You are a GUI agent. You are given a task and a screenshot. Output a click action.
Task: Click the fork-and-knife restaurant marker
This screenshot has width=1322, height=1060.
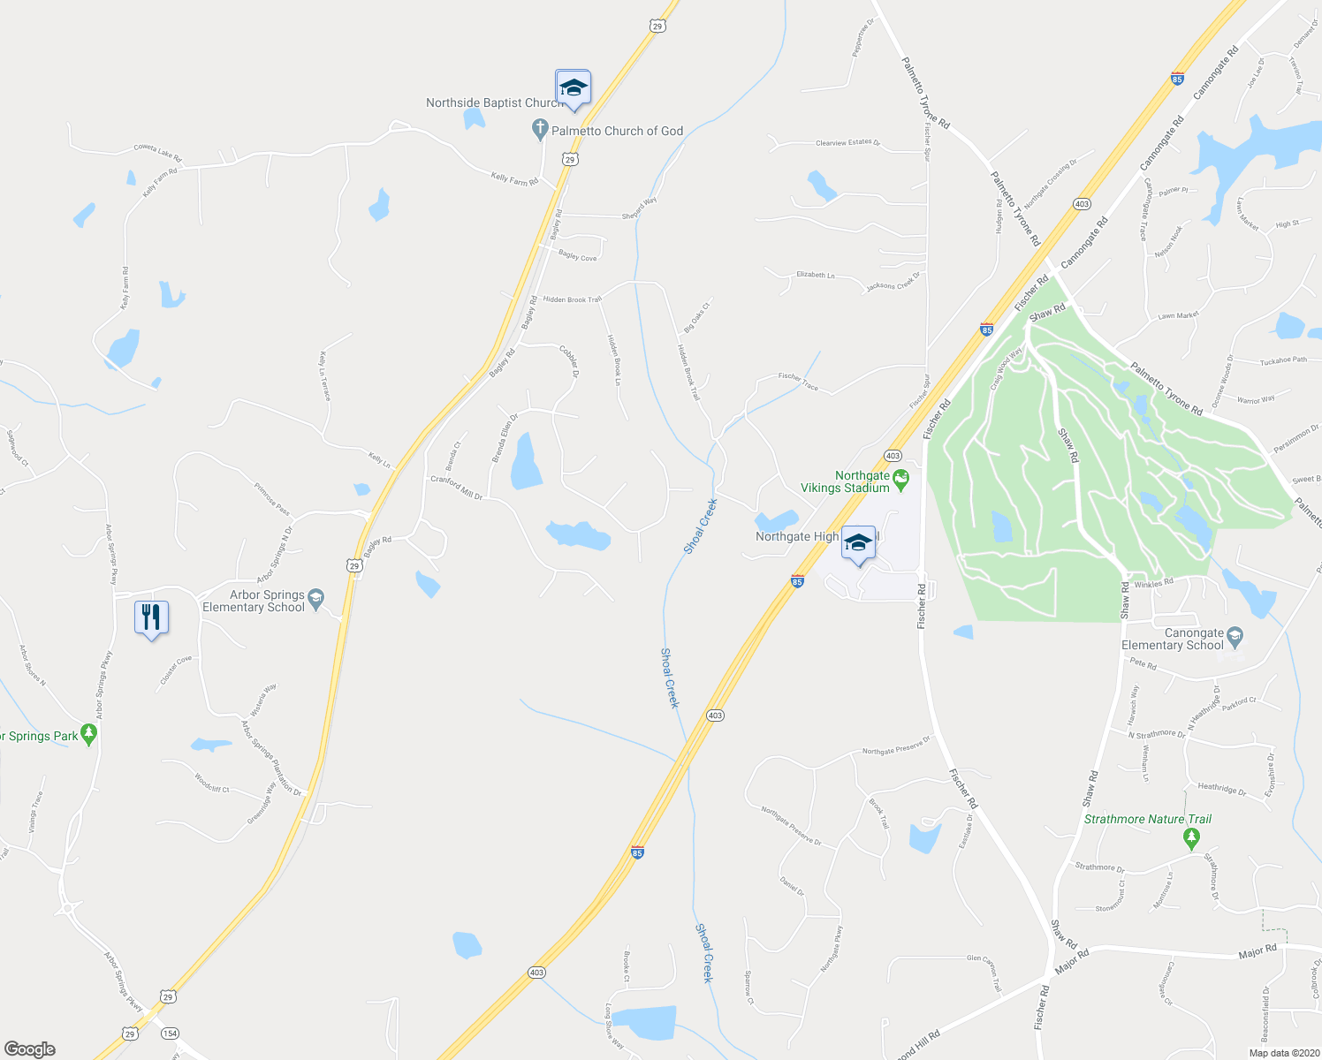point(151,617)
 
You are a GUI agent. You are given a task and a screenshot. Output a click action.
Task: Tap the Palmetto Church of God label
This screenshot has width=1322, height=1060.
point(617,131)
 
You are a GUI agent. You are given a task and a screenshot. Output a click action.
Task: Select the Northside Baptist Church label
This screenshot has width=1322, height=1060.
point(493,103)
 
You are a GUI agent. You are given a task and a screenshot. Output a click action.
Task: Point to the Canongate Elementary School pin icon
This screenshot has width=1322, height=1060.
point(1235,635)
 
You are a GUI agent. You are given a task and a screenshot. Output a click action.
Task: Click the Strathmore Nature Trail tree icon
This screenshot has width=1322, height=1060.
point(1191,836)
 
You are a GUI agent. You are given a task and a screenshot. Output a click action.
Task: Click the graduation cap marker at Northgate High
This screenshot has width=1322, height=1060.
point(858,542)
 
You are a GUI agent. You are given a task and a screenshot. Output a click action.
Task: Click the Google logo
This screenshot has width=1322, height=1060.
point(29,1049)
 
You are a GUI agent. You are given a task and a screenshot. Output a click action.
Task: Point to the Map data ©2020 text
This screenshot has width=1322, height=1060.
point(1284,1053)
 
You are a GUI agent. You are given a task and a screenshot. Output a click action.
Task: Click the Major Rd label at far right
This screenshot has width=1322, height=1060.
point(1257,950)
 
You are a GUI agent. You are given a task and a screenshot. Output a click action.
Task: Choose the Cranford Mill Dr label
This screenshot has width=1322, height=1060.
point(456,488)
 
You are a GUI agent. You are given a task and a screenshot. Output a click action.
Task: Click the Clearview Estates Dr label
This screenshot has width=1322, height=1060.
point(847,142)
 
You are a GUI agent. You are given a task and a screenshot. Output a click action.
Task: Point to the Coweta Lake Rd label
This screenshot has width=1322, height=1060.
point(157,153)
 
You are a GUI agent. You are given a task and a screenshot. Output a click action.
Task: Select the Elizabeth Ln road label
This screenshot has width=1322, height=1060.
point(815,275)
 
